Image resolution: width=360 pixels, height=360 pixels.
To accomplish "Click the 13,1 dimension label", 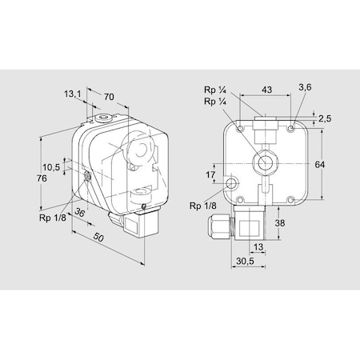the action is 72,94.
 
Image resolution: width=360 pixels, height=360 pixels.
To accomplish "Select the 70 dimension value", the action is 109,97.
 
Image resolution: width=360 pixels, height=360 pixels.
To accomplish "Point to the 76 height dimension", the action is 42,178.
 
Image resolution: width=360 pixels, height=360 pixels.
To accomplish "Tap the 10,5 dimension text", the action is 51,167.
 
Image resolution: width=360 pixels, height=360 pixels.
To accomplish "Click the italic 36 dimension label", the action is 79,212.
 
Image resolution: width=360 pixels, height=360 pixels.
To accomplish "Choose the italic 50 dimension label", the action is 98,237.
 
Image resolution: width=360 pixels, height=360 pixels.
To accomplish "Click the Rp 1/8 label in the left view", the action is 53,218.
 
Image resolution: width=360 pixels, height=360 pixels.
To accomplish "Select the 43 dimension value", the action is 266,90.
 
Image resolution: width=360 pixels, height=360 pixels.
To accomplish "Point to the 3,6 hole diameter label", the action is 305,87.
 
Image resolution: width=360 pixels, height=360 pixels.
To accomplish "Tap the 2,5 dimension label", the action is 325,118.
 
